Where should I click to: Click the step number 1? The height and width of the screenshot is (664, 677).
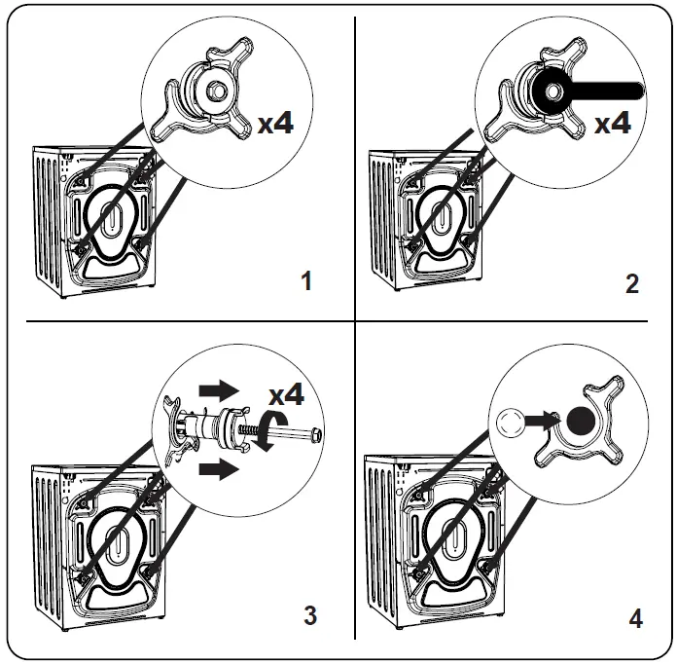click(x=306, y=282)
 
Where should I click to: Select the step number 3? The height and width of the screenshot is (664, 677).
click(x=309, y=615)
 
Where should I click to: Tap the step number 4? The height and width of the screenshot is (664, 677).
click(x=634, y=618)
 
